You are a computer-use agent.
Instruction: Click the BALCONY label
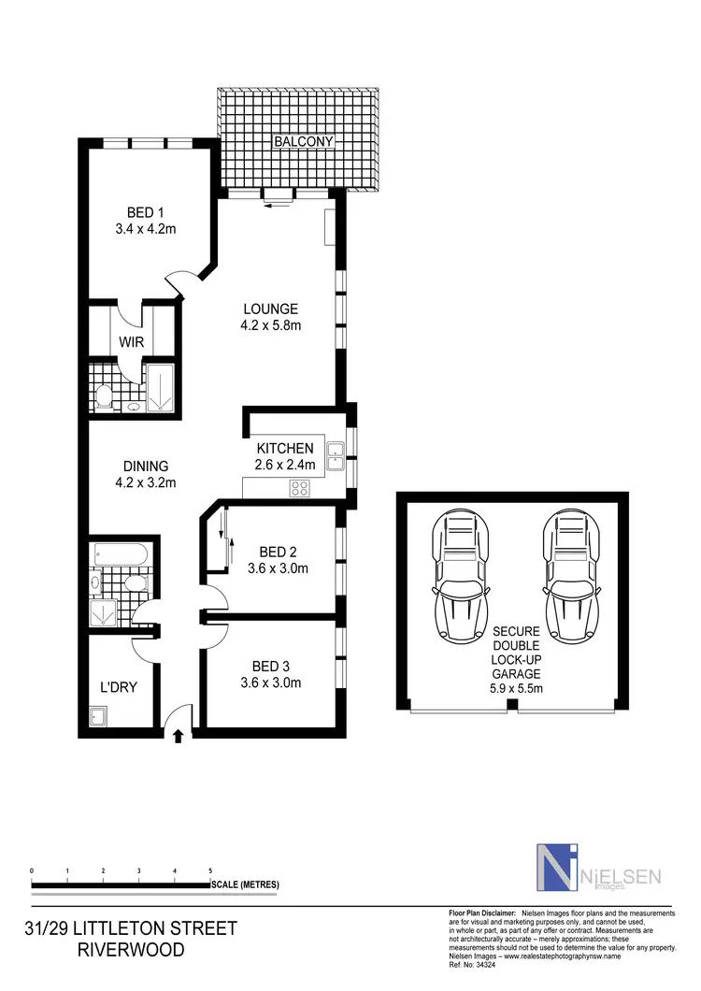(x=303, y=142)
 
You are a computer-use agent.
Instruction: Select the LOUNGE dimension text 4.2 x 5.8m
(x=270, y=325)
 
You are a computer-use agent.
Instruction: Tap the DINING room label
(x=145, y=467)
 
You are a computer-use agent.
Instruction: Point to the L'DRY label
(x=119, y=687)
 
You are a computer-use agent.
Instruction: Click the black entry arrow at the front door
(x=179, y=737)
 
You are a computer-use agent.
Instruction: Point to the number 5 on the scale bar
(x=209, y=870)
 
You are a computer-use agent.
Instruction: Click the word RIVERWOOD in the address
(x=131, y=951)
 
